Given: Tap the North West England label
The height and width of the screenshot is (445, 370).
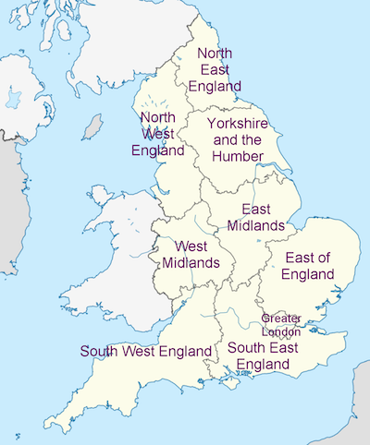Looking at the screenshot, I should tap(158, 134).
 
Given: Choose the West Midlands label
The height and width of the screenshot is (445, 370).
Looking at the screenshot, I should tap(191, 254).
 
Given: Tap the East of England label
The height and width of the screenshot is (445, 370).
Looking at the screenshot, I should tap(309, 265).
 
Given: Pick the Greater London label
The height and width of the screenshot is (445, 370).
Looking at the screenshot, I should tap(281, 324).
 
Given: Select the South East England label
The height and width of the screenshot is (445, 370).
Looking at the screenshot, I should tap(263, 355).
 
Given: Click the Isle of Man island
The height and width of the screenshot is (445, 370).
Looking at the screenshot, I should tap(92, 126).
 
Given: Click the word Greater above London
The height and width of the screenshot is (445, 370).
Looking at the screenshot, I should tap(281, 318).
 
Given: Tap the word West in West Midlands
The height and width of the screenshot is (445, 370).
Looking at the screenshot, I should tap(191, 246).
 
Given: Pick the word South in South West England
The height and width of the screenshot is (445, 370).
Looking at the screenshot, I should tap(100, 351).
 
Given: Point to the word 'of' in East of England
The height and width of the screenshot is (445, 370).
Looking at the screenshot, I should tap(322, 257).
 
